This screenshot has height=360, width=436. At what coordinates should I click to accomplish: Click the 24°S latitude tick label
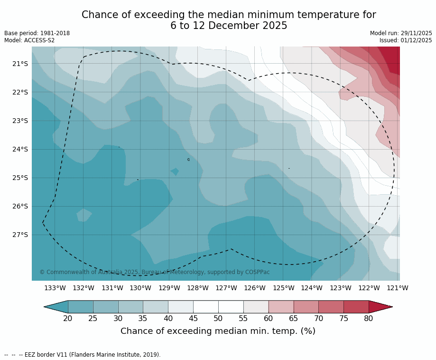pyautogui.click(x=20, y=149)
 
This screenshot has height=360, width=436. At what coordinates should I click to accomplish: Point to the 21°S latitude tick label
pyautogui.click(x=20, y=64)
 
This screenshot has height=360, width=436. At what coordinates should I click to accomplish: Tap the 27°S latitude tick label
pyautogui.click(x=20, y=235)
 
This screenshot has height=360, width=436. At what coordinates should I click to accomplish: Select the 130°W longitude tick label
pyautogui.click(x=140, y=288)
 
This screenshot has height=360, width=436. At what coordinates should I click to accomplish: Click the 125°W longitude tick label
pyautogui.click(x=283, y=288)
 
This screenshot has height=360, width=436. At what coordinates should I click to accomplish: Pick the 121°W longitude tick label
pyautogui.click(x=398, y=288)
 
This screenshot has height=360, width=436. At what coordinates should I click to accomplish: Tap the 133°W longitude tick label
pyautogui.click(x=55, y=288)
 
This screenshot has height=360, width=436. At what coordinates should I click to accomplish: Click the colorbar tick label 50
pyautogui.click(x=218, y=318)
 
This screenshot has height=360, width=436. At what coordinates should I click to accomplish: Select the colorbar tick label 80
pyautogui.click(x=369, y=318)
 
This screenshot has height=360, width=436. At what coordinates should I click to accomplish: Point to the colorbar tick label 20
pyautogui.click(x=68, y=318)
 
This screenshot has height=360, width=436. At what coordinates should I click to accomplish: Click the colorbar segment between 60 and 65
pyautogui.click(x=281, y=307)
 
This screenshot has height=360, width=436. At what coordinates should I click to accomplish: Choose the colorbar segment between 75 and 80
pyautogui.click(x=356, y=307)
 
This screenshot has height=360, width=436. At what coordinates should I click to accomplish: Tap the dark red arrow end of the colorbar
pyautogui.click(x=380, y=307)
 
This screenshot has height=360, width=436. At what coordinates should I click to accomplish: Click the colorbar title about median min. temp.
pyautogui.click(x=218, y=331)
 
